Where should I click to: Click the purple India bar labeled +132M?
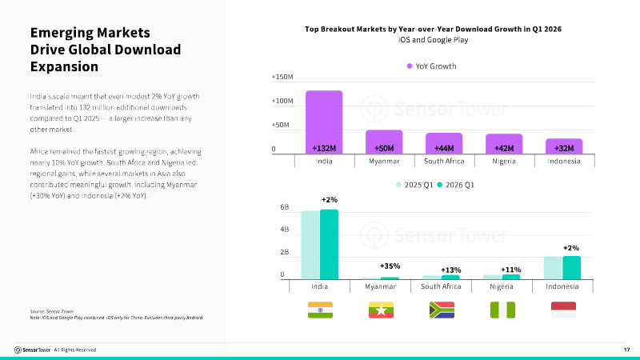[x=324, y=122]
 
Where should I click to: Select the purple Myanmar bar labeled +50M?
[x=384, y=142]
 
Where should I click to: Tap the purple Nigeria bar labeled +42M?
[x=504, y=144]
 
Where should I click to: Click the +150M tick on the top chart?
[x=282, y=77]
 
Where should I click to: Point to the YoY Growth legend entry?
[x=432, y=66]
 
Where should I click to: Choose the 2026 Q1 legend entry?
[x=456, y=185]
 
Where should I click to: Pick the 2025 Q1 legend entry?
[x=414, y=185]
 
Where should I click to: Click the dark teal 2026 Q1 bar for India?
[x=329, y=245]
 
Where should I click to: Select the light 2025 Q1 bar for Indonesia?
[x=553, y=268]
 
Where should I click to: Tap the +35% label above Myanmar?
[x=390, y=266]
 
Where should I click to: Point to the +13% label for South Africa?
[x=451, y=270]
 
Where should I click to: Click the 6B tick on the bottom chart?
[x=285, y=207]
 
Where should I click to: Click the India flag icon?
[x=321, y=310]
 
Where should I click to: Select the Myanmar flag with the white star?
[x=382, y=310]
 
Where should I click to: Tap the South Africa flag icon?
[x=442, y=310]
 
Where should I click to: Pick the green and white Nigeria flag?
[x=503, y=310]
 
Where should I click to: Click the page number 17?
[x=626, y=350]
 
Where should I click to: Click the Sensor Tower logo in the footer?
[x=32, y=350]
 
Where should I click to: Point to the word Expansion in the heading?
[x=65, y=66]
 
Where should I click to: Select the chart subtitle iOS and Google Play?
[x=434, y=39]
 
